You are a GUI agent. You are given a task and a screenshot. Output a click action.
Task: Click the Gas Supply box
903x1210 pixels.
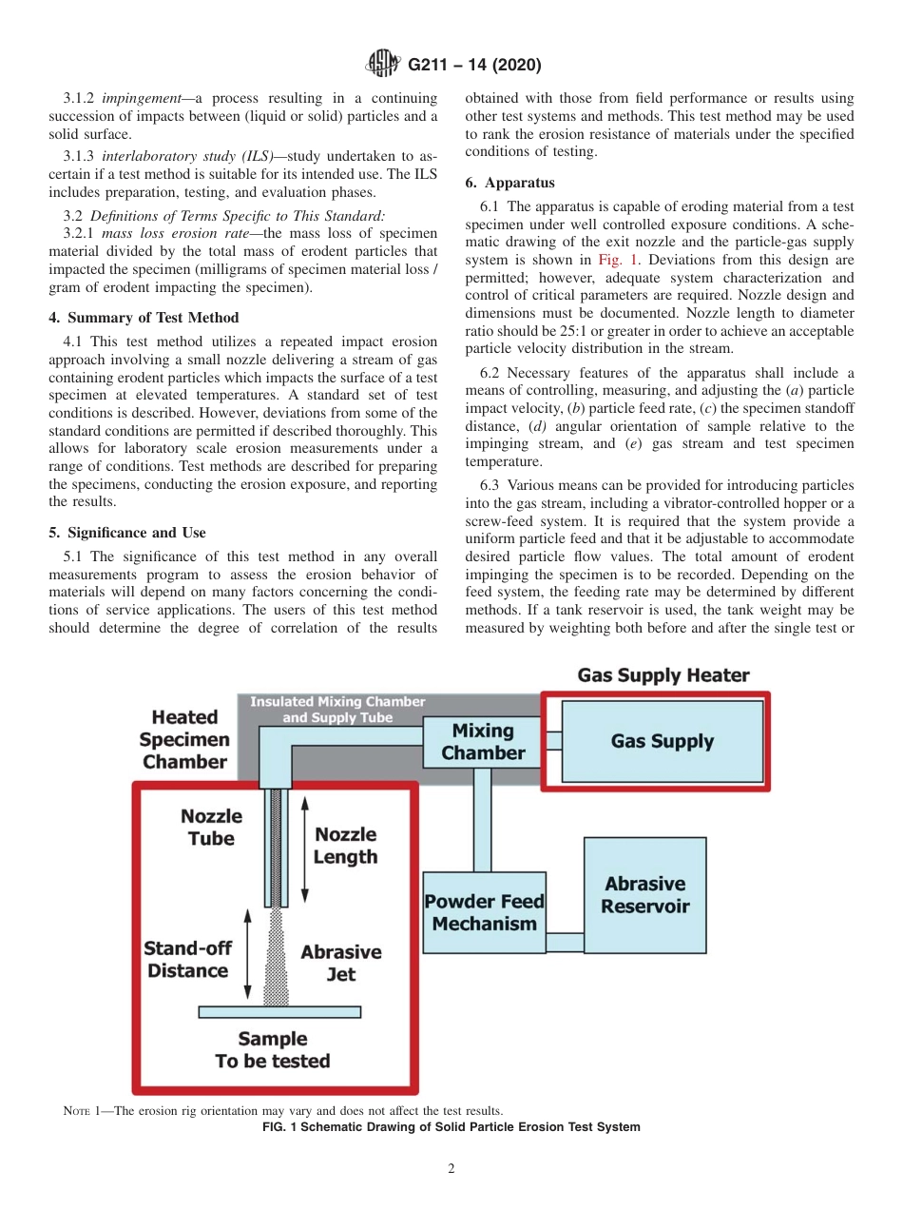tap(663, 741)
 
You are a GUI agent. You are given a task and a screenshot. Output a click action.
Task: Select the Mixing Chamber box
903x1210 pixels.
tap(483, 742)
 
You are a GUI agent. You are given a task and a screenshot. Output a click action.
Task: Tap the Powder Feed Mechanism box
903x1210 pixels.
tap(484, 912)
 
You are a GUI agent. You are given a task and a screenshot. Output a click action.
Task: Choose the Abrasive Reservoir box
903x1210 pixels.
tap(644, 895)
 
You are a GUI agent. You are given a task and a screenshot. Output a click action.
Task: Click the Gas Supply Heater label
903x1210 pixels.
tap(663, 675)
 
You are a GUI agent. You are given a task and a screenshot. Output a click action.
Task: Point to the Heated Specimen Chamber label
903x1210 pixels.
tap(184, 739)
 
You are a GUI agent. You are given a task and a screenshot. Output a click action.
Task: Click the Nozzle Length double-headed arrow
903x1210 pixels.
tap(304, 849)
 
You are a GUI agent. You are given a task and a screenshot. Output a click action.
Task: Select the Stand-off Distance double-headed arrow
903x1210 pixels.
tap(247, 955)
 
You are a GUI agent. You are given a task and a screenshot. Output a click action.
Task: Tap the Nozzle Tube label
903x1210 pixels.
tap(211, 827)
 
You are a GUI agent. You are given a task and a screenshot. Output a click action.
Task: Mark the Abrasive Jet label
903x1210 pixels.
tap(340, 963)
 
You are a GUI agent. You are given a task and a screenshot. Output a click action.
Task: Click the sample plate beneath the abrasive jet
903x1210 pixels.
tap(273, 1012)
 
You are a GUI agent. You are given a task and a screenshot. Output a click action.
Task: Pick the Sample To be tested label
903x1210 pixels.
tap(273, 1050)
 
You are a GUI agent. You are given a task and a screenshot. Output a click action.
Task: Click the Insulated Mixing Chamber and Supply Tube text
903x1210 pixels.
tap(337, 710)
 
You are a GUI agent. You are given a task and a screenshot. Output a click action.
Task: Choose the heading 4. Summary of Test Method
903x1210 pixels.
tap(144, 318)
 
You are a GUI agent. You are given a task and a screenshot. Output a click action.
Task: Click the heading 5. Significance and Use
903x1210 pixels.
tap(127, 533)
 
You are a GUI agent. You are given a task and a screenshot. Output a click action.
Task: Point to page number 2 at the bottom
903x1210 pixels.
tap(451, 1169)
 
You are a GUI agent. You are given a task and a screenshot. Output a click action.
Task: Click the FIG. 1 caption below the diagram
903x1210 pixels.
tap(451, 1127)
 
